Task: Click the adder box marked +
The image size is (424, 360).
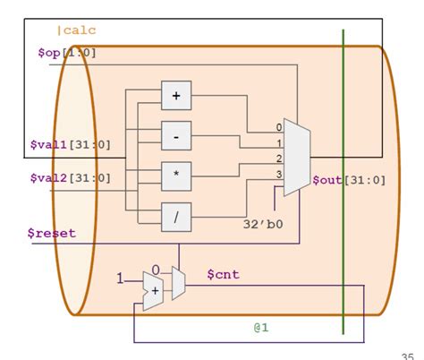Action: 176,95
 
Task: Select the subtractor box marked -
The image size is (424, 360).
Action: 176,135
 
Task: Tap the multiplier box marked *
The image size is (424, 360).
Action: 176,176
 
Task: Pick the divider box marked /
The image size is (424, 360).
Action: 176,217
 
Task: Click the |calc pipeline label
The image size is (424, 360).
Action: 76,30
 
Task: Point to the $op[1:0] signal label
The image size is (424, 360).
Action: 66,53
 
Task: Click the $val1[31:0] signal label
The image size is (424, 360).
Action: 71,143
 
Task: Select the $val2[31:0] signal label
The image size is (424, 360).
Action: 71,178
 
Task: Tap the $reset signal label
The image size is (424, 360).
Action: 51,233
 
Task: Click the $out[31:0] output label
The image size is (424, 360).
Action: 349,180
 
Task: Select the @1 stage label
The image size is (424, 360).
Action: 260,328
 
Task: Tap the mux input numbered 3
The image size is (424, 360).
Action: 278,174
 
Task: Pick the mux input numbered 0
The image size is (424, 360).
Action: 278,128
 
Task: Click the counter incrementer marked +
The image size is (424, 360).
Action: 154,291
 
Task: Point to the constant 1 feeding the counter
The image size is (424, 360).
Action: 121,279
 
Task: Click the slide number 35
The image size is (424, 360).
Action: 410,352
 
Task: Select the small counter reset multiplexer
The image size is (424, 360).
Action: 179,283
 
